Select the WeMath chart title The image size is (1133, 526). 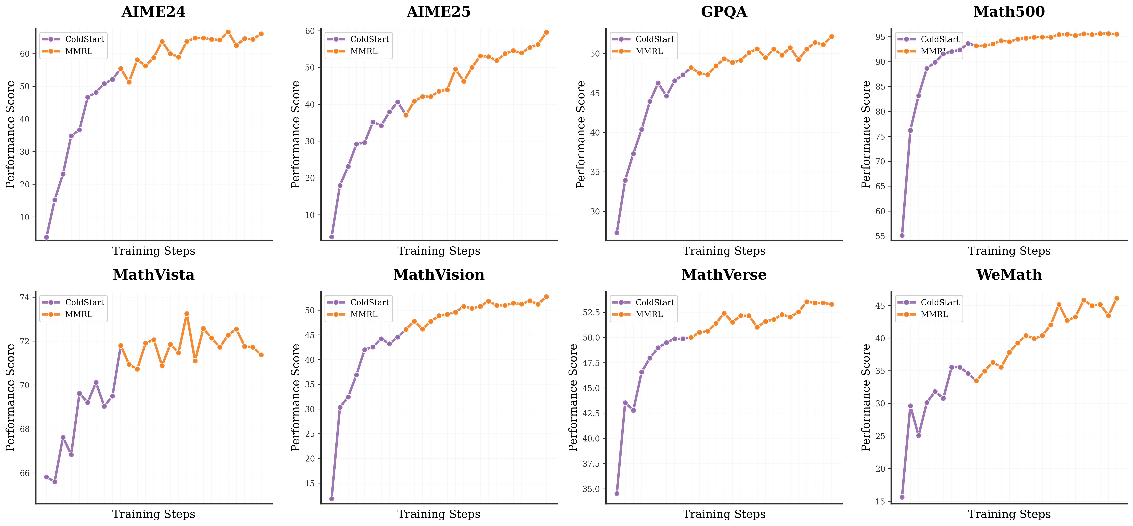click(x=1009, y=275)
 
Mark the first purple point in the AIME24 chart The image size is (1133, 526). click(x=46, y=237)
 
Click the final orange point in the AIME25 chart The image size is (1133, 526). click(x=546, y=32)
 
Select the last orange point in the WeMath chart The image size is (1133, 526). click(x=1117, y=298)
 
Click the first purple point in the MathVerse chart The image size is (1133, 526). click(x=617, y=493)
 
